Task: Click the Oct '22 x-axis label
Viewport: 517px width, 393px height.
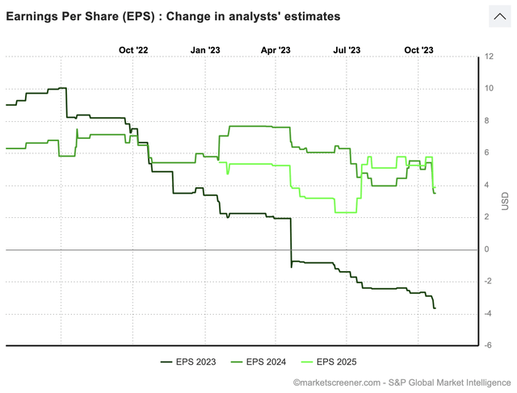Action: coord(133,50)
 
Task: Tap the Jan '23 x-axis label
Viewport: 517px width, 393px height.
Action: coord(205,50)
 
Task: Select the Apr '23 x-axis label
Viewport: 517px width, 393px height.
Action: coord(276,50)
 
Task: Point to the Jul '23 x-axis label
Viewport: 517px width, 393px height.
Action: coord(347,50)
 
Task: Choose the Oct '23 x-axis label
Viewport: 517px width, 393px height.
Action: coord(418,50)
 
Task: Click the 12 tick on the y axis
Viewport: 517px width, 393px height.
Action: coord(490,56)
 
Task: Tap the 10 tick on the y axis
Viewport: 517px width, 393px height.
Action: coord(490,89)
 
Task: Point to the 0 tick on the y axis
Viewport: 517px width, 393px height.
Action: coord(487,249)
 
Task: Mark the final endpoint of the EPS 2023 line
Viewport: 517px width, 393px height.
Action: coord(435,308)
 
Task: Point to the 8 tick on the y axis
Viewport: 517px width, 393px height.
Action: coord(487,121)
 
